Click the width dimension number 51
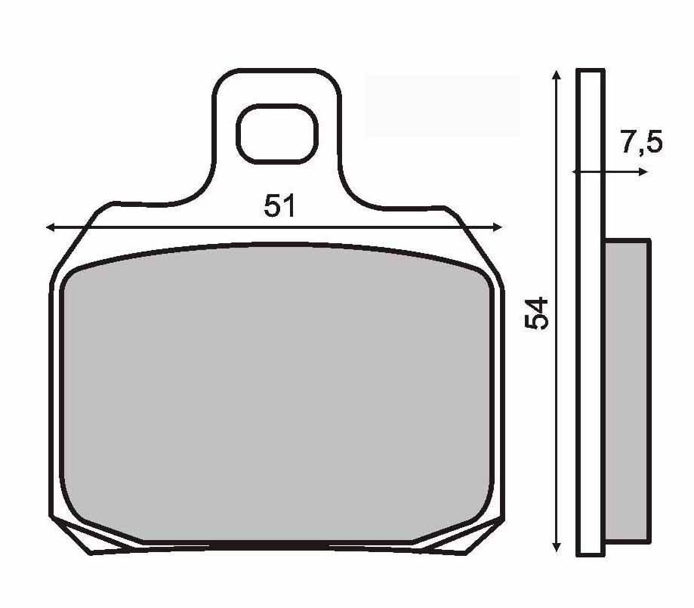(x=279, y=205)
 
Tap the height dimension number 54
(x=536, y=313)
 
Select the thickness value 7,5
(x=642, y=142)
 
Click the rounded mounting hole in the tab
(x=277, y=134)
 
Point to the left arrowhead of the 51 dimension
(x=51, y=227)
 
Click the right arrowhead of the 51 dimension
(x=498, y=227)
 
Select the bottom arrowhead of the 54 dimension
(x=557, y=547)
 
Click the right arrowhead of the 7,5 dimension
(x=643, y=171)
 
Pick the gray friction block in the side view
(x=627, y=390)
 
